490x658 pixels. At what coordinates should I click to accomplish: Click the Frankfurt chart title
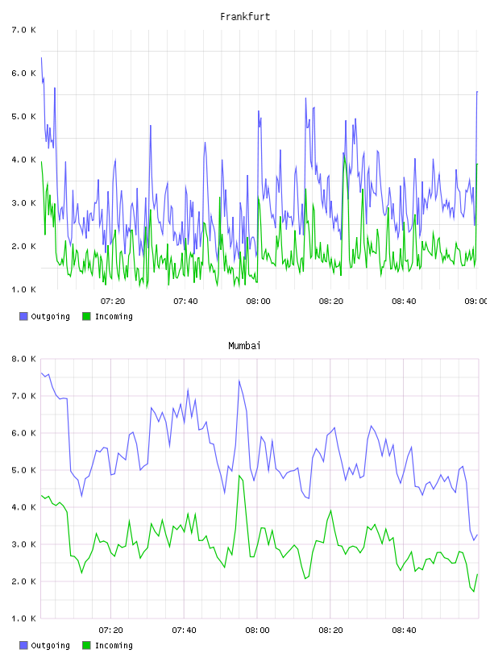[245, 17]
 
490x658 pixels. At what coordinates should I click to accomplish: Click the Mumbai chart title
[244, 346]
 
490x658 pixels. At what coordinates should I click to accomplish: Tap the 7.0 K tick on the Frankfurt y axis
[23, 30]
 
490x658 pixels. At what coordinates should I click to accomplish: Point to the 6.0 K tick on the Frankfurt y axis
[23, 73]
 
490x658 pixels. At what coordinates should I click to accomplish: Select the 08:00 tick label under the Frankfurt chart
[258, 302]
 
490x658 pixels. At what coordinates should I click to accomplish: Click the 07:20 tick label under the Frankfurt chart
[113, 302]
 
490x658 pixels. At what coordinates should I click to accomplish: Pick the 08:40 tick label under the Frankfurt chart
[404, 302]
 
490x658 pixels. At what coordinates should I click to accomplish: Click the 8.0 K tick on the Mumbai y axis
[23, 359]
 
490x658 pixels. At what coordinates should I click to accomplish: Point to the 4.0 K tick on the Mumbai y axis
[23, 507]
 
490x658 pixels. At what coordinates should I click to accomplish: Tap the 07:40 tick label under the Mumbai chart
[184, 631]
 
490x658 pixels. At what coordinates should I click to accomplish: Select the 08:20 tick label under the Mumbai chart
[330, 631]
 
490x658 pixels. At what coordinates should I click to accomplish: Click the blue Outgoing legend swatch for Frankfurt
[23, 316]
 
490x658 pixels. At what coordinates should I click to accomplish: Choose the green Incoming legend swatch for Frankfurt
[86, 316]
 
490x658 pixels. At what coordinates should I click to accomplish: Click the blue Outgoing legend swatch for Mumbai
[23, 645]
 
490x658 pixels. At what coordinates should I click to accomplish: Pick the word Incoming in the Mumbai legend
[114, 645]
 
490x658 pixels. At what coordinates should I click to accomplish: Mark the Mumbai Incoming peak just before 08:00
[239, 476]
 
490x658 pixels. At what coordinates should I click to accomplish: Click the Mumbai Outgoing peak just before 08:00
[239, 381]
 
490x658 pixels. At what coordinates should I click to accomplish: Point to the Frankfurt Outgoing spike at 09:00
[477, 91]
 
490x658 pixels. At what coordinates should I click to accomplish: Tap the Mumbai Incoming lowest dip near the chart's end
[474, 591]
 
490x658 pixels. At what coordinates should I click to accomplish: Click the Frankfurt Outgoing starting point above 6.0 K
[41, 57]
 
